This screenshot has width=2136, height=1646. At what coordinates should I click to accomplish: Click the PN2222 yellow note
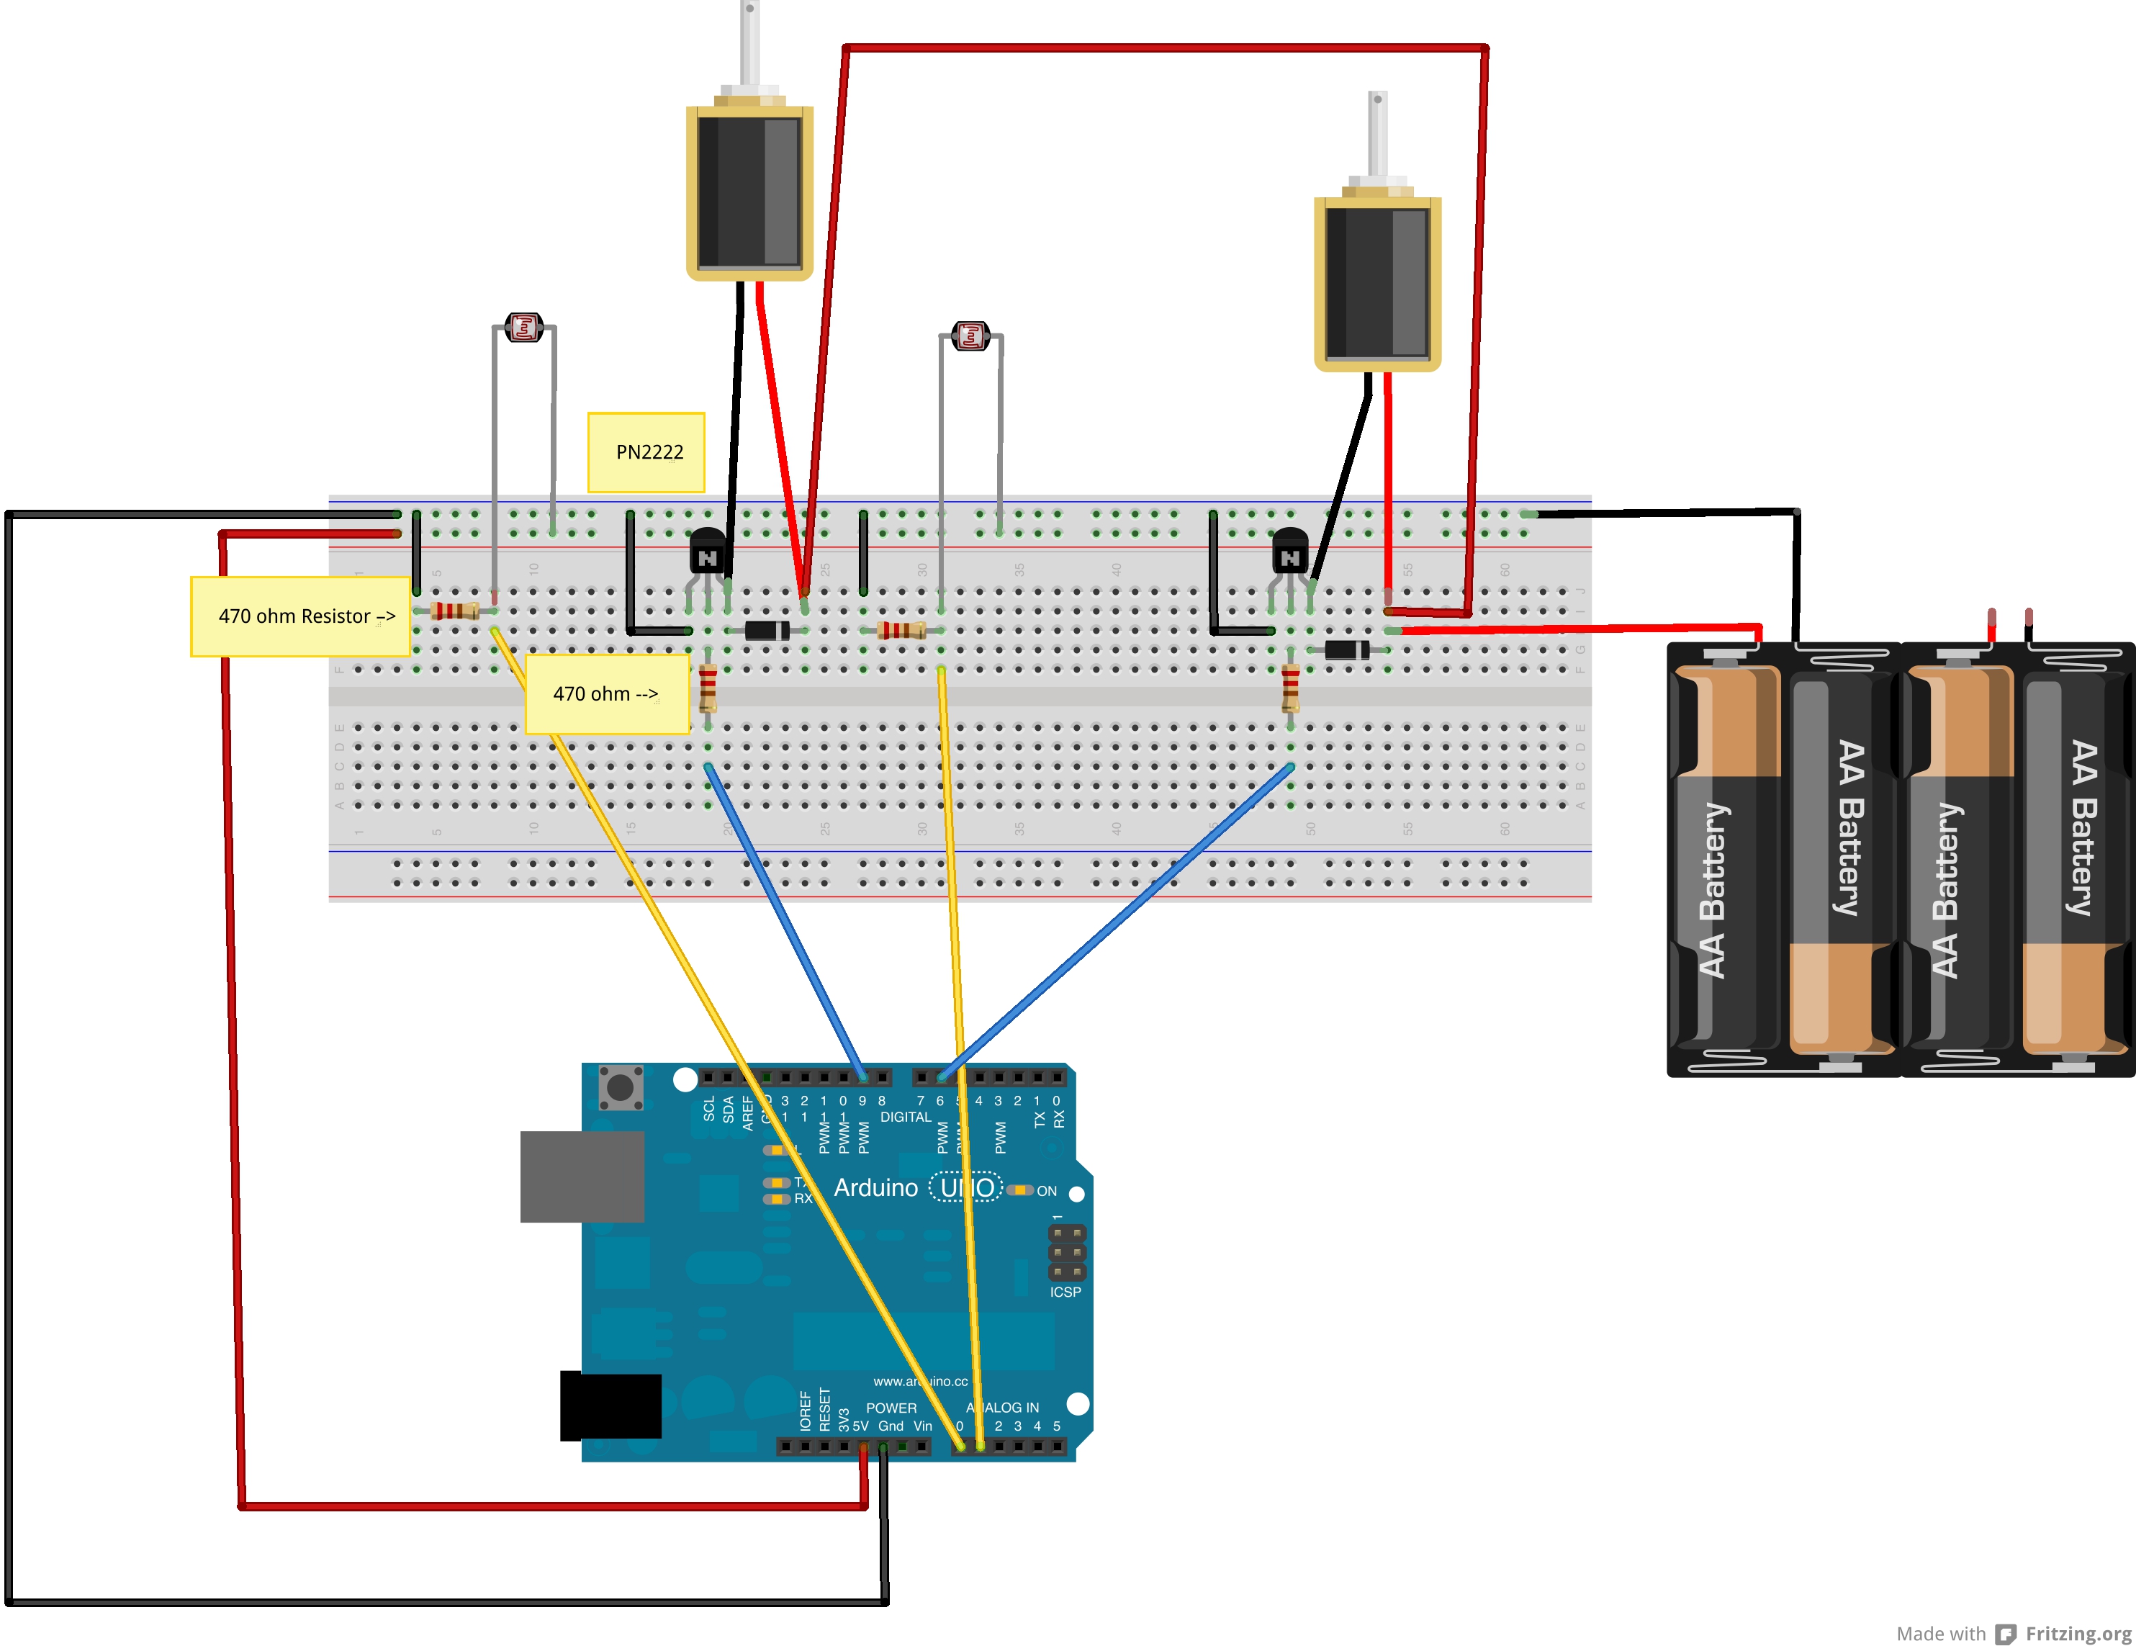(x=646, y=452)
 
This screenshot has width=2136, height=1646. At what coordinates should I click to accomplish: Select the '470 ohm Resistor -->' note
(x=300, y=616)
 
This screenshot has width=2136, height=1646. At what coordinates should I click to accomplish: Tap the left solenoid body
(x=749, y=191)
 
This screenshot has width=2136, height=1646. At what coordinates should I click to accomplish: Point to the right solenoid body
(x=1377, y=282)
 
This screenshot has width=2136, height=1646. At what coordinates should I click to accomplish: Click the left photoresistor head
(x=524, y=328)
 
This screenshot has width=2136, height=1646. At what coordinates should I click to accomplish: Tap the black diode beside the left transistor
(x=767, y=630)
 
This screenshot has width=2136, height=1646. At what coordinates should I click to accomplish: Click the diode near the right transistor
(x=1347, y=649)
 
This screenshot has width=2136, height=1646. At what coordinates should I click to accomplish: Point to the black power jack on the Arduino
(x=610, y=1406)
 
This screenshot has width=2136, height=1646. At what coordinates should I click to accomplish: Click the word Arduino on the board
(x=875, y=1187)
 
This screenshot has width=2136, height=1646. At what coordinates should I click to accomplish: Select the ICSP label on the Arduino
(x=1065, y=1292)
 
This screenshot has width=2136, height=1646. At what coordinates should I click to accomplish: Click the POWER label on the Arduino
(x=891, y=1408)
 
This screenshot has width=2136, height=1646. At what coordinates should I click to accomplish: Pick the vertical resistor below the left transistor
(x=708, y=687)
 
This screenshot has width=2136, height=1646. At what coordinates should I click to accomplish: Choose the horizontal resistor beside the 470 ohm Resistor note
(x=455, y=611)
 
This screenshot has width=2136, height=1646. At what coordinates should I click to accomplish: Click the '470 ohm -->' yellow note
(x=606, y=693)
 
